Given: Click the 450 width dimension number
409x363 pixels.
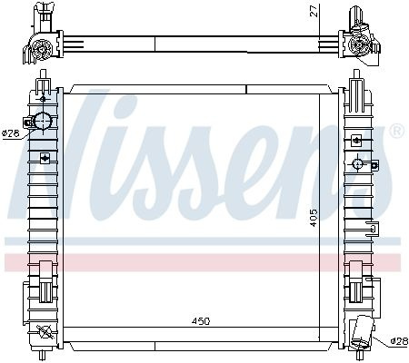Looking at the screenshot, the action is pos(201,321).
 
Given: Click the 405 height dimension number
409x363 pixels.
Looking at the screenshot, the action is pos(314,218).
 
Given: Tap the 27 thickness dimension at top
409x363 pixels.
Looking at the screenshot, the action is pos(315,11).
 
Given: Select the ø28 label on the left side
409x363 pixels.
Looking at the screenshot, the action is pos(11,132).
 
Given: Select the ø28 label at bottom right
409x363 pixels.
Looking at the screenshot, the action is pos(399,341).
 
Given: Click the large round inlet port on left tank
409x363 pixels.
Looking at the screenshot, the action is pos(43,121).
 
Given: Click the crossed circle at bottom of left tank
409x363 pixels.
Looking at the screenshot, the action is pos(44,331).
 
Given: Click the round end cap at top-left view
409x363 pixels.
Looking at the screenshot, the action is pos(41,48).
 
